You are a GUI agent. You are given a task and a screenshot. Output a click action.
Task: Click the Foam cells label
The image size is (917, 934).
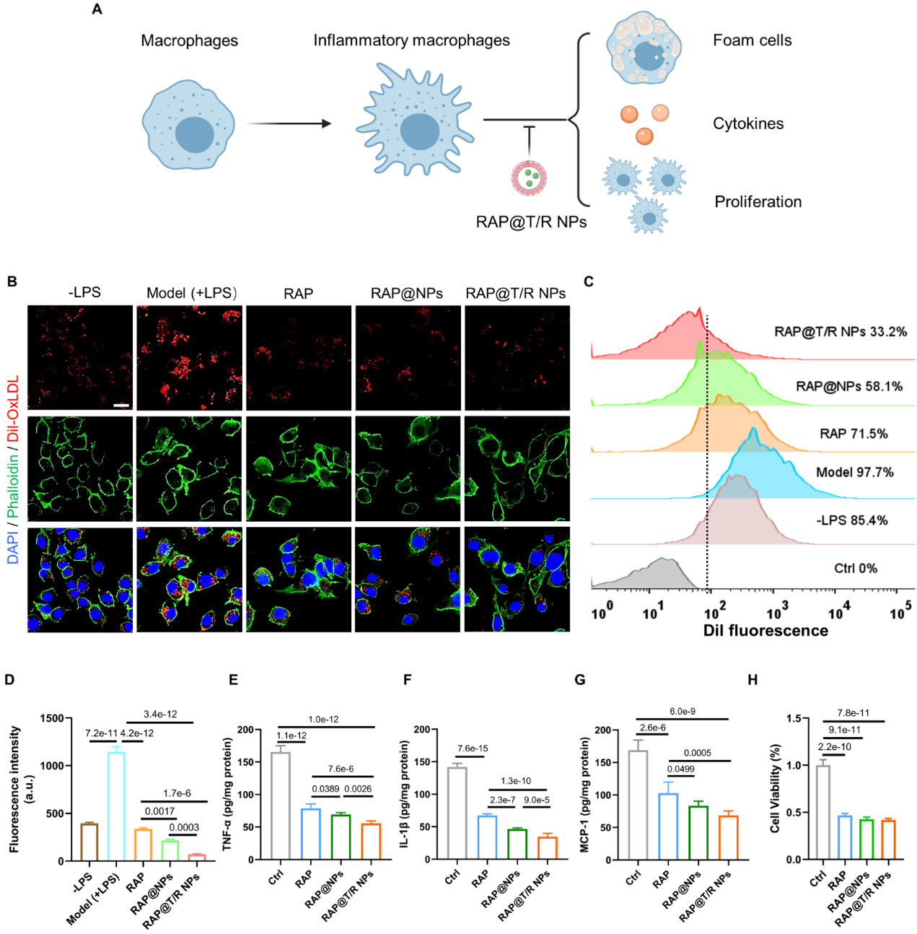(x=752, y=40)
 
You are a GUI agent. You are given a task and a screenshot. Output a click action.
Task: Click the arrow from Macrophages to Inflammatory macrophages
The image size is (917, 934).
(x=289, y=123)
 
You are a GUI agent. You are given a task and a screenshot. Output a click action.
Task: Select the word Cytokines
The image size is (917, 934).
(x=747, y=123)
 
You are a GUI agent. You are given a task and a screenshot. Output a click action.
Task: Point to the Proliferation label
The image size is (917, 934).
(x=758, y=202)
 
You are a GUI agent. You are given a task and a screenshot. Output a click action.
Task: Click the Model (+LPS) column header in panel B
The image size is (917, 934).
(x=191, y=293)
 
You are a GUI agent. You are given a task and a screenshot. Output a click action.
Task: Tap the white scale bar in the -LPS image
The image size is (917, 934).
(x=121, y=405)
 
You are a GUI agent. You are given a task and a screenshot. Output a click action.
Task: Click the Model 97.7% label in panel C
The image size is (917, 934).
(x=854, y=472)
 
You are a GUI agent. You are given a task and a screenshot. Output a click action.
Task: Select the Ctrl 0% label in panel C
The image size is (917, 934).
(x=856, y=568)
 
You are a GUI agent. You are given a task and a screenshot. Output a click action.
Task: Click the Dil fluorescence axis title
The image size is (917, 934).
(x=765, y=630)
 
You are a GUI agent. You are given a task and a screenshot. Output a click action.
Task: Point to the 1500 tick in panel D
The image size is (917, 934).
(x=51, y=718)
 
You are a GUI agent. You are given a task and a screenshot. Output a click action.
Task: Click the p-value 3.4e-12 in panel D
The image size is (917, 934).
(x=160, y=714)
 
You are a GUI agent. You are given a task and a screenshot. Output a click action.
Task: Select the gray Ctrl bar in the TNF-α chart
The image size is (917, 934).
(x=280, y=806)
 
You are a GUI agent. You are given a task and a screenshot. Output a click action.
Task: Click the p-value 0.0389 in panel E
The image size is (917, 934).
(x=325, y=789)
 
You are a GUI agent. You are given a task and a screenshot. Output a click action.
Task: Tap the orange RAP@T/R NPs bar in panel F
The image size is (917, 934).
(x=547, y=848)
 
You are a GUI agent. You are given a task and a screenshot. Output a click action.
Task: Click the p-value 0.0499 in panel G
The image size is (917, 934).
(x=680, y=769)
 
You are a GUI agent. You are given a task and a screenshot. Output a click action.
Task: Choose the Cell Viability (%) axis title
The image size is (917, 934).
(x=775, y=788)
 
